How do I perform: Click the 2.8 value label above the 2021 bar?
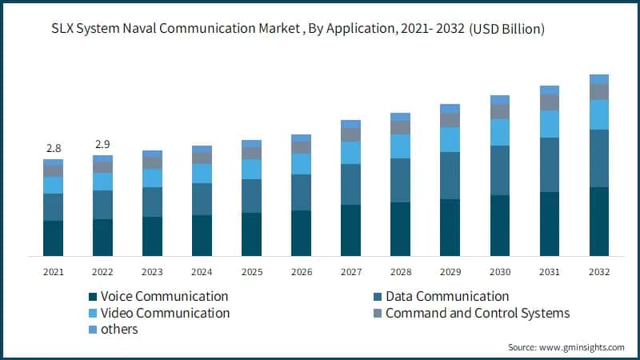[54, 148]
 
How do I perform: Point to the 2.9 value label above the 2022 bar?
[102, 145]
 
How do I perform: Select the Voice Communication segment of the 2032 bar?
[599, 221]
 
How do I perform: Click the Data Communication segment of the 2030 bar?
[500, 170]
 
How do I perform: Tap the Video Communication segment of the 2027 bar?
[350, 153]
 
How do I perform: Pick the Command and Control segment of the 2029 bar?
[450, 120]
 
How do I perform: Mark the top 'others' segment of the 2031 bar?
[550, 90]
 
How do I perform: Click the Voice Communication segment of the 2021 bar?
[54, 238]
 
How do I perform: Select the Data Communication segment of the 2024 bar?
[202, 199]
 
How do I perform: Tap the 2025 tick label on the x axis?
[251, 272]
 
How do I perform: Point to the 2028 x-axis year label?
[400, 272]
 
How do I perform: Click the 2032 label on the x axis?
[598, 272]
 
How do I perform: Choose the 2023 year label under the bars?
[152, 272]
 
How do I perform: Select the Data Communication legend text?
[447, 297]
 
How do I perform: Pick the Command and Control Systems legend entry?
[478, 314]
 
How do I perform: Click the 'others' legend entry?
[119, 330]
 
